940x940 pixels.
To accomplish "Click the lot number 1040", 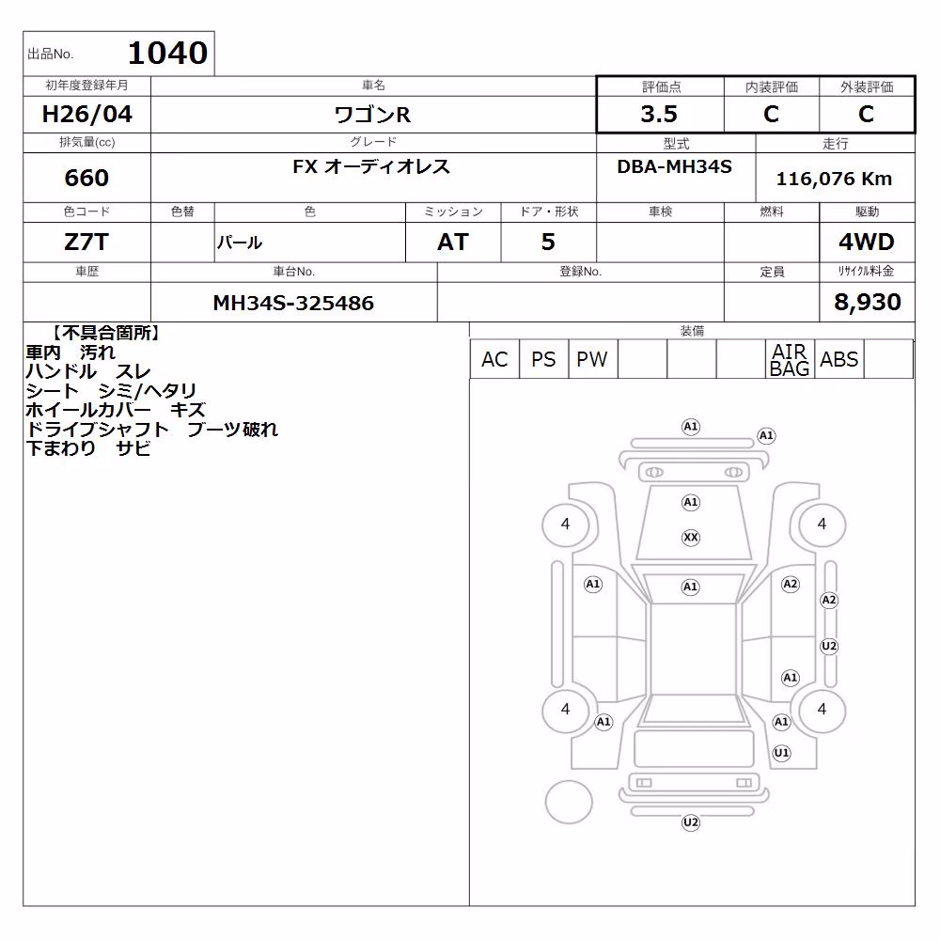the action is pyautogui.click(x=168, y=53).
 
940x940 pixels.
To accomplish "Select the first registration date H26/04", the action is pyautogui.click(x=86, y=114).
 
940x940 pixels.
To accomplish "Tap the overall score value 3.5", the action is pyautogui.click(x=659, y=114).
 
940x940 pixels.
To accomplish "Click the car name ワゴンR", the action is pyautogui.click(x=372, y=114).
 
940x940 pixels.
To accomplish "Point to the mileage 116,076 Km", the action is pyautogui.click(x=834, y=179).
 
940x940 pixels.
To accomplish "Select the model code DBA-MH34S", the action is pyautogui.click(x=674, y=166).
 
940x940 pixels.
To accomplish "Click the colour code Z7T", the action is pyautogui.click(x=86, y=243).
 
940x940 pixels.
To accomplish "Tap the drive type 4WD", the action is pyautogui.click(x=867, y=243).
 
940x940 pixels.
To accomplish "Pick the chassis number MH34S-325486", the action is pyautogui.click(x=293, y=303).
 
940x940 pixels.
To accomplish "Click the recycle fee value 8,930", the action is pyautogui.click(x=868, y=302).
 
